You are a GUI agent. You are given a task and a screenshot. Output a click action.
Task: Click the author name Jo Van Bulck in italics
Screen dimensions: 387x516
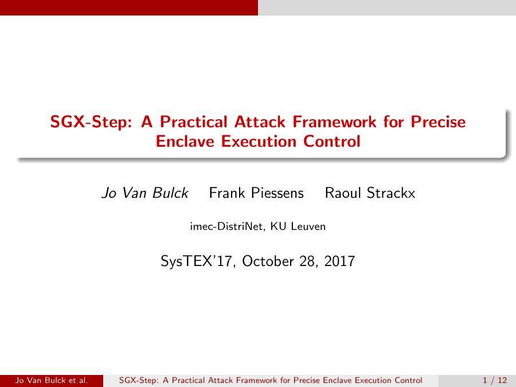click(144, 193)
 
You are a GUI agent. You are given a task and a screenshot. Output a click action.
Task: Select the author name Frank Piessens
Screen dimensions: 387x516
click(256, 193)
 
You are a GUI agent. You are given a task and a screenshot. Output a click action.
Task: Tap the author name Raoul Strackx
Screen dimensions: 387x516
click(370, 193)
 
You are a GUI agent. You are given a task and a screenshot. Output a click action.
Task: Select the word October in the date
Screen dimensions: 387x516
click(268, 261)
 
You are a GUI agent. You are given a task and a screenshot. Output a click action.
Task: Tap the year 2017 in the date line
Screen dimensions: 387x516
click(339, 261)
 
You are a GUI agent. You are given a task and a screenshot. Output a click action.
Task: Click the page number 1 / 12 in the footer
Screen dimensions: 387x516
click(495, 380)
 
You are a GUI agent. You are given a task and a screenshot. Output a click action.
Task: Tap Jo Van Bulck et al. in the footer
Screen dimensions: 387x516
click(52, 380)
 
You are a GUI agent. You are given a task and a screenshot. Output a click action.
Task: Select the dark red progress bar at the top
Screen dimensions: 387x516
click(129, 7)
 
